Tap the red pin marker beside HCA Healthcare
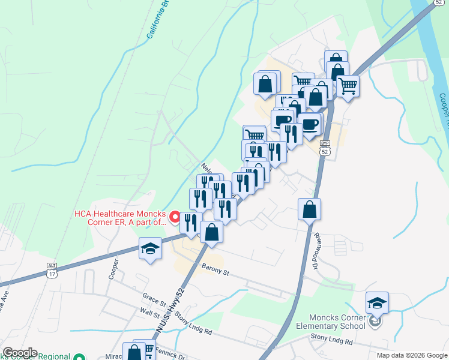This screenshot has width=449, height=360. [175, 217]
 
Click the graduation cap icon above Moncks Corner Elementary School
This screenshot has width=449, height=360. [377, 302]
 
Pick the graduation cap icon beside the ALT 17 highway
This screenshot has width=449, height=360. [149, 249]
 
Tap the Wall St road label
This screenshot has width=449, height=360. [149, 313]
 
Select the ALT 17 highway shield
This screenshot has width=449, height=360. [52, 269]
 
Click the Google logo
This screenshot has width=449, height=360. [20, 353]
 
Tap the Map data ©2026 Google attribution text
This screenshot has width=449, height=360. [411, 355]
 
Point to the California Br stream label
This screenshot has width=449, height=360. [157, 22]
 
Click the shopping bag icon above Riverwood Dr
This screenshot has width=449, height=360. [309, 209]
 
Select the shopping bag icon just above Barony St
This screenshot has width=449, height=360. [211, 232]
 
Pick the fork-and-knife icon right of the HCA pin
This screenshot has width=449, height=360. [191, 223]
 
